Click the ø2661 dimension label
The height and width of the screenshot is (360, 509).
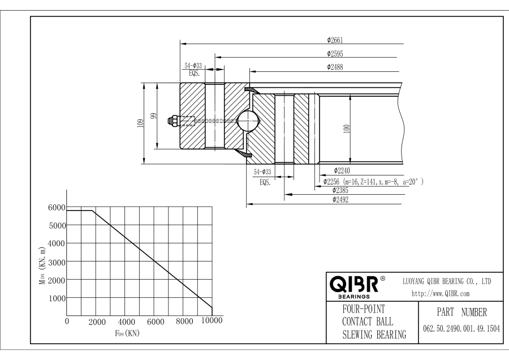click(335, 40)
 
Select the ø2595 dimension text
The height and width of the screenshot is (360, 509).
click(335, 53)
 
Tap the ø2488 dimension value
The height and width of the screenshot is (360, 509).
click(335, 67)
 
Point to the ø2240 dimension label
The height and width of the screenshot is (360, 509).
click(343, 169)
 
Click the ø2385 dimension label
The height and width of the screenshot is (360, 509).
click(342, 190)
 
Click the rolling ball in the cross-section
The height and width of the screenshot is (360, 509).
click(247, 121)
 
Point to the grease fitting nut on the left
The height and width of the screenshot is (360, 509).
click(174, 121)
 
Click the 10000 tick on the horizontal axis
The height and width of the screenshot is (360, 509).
click(212, 321)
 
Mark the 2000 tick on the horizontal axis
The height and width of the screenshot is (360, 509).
click(98, 322)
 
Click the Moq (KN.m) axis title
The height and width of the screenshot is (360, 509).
click(42, 263)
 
